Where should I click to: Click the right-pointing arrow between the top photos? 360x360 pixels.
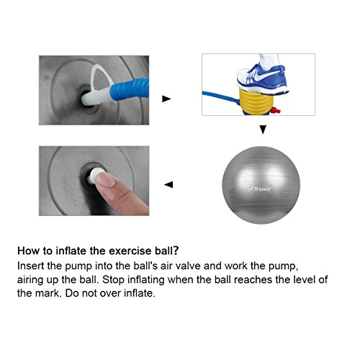[x=166, y=99]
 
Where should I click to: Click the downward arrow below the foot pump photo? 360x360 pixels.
[x=263, y=131]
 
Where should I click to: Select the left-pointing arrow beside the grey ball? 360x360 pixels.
[x=168, y=184]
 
